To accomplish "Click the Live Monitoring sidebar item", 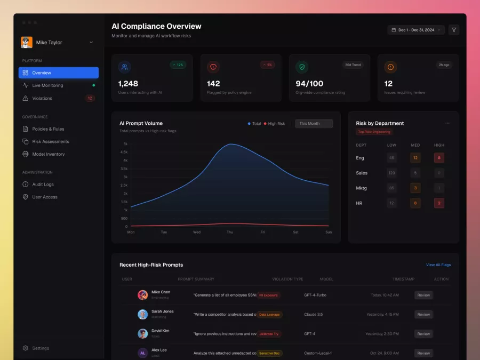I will pos(47,85).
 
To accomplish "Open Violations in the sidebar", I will pos(42,98).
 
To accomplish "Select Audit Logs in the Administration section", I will pos(43,185).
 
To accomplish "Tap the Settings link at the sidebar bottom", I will pos(41,348).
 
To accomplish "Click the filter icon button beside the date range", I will pos(454,30).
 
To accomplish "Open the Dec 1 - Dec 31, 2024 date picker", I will pos(416,30).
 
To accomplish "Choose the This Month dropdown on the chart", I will pos(314,124).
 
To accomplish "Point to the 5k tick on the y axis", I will pos(125,144).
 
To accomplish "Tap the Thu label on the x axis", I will pos(230,232).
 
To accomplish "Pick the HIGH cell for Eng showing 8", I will pos(439,158).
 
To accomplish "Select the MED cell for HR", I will pos(415,203).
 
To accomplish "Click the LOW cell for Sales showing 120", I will pos(392,173).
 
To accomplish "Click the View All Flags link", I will pos(438,265).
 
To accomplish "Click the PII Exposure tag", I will pos(268,295).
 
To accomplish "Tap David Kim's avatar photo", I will pos(142,334).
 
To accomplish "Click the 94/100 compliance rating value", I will pos(309,84).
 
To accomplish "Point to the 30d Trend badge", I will pos(353,65).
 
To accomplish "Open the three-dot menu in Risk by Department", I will pos(447,123).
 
